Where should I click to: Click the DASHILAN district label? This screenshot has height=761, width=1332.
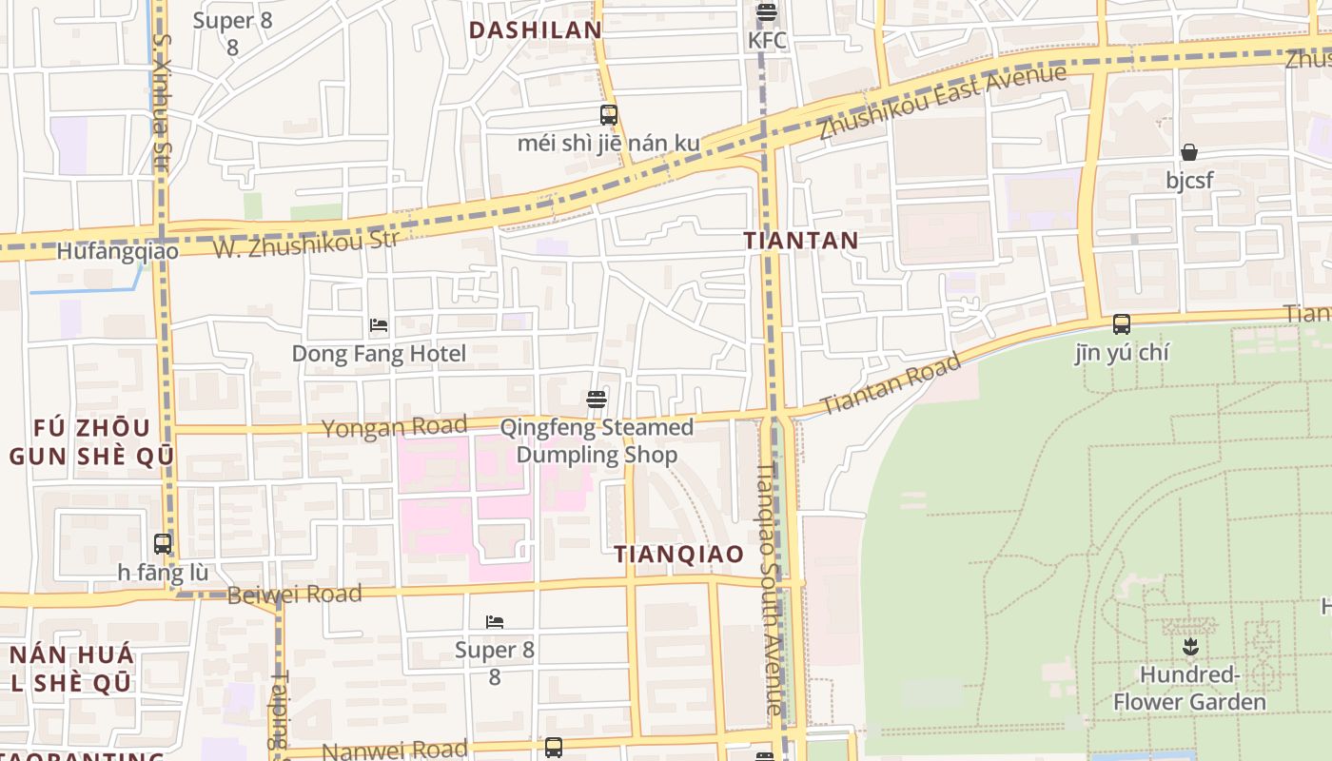[x=536, y=29]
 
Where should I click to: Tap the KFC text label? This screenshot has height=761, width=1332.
[x=767, y=40]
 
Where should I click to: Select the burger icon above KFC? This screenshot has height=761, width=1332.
[x=767, y=13]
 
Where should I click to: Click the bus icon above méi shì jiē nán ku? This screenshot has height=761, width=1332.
[x=609, y=115]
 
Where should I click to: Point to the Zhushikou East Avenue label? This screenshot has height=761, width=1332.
[x=943, y=101]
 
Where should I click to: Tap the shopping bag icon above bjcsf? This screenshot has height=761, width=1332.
[x=1189, y=152]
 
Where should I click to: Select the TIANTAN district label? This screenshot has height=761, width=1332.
[x=801, y=241]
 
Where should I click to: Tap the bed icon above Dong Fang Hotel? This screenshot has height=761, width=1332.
[x=379, y=325]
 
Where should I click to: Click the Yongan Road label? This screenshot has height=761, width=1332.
[x=394, y=427]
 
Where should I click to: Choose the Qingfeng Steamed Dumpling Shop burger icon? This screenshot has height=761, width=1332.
[x=597, y=399]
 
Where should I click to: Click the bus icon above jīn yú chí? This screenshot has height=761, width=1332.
[x=1122, y=324]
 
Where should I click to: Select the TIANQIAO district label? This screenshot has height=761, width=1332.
[x=679, y=555]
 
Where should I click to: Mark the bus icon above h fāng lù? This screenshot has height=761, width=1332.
[x=163, y=544]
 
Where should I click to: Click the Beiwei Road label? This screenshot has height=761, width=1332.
[x=294, y=595]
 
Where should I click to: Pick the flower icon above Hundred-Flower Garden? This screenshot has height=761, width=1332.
[x=1189, y=648]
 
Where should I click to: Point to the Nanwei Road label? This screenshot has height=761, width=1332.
[x=394, y=750]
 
